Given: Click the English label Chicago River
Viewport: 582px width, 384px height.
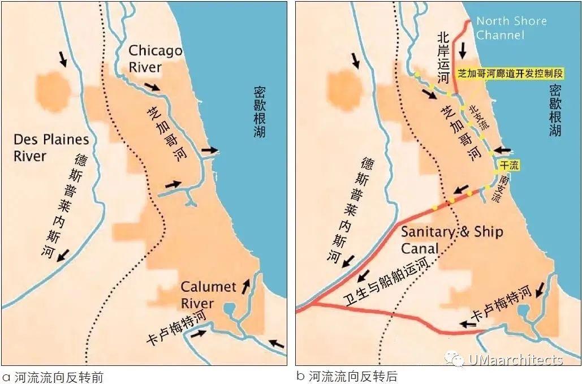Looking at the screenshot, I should (155, 59).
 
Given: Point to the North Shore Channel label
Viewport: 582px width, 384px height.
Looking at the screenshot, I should (511, 28).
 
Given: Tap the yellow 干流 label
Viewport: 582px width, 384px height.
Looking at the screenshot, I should (507, 165).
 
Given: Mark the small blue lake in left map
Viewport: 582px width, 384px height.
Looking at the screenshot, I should (230, 309).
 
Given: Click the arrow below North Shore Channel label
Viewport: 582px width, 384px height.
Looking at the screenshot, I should (463, 50).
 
